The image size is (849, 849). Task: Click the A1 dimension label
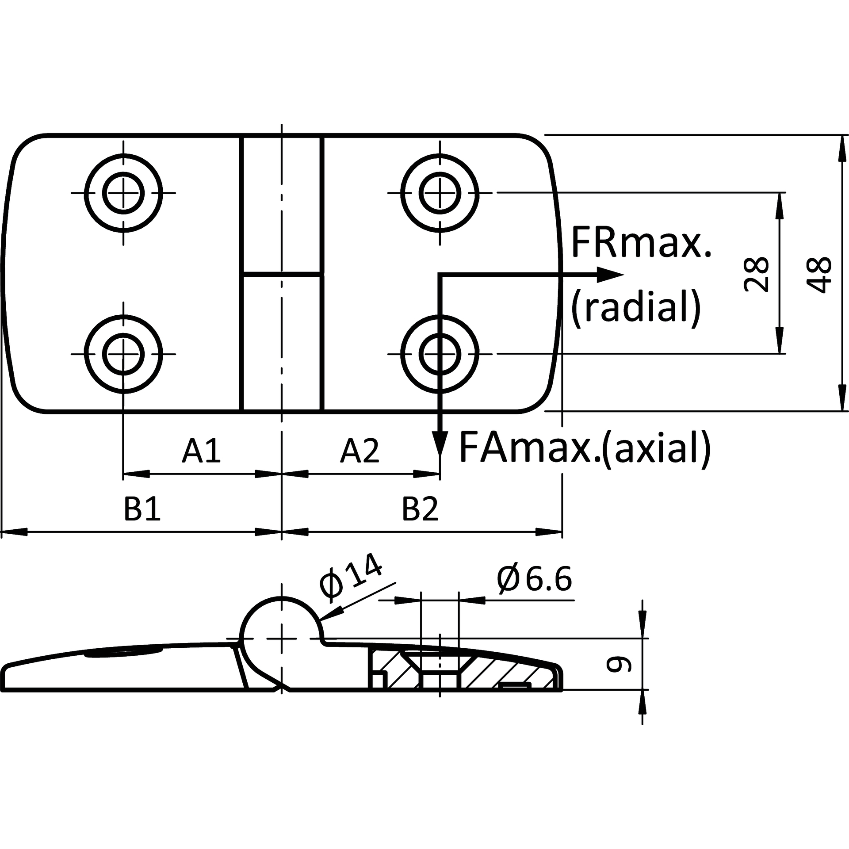201,451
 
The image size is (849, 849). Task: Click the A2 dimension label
359,451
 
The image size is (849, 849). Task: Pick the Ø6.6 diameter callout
534,579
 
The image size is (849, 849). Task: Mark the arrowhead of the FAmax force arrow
440,444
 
